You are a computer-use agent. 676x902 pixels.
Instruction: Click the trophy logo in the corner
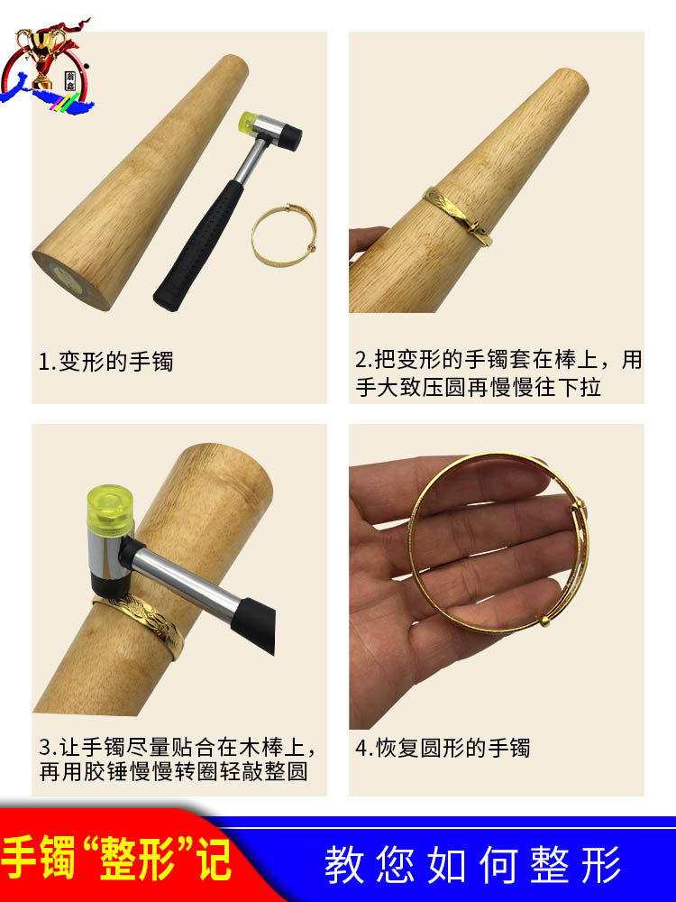(x=45, y=66)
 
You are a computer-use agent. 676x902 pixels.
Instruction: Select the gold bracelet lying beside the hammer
(x=284, y=235)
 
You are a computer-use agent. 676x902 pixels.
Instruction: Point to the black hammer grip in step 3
(x=256, y=625)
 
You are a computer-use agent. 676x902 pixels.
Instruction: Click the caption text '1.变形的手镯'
(x=105, y=362)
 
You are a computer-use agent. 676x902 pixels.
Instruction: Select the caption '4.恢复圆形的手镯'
(x=442, y=748)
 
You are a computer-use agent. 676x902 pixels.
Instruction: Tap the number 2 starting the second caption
(x=361, y=360)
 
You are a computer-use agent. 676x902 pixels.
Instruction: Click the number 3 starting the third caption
(x=45, y=747)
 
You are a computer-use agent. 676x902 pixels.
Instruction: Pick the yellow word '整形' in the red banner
(x=137, y=860)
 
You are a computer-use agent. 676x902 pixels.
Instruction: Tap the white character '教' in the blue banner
(x=345, y=864)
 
